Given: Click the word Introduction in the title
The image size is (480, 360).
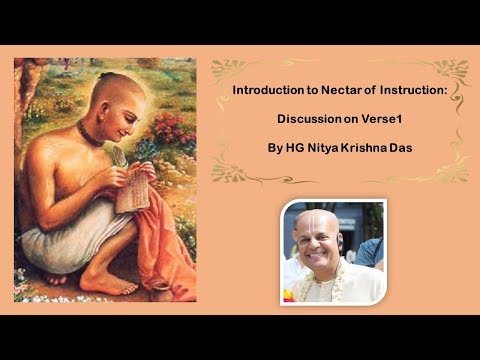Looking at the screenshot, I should [x=264, y=91].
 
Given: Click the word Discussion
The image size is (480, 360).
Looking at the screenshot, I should [x=311, y=120].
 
